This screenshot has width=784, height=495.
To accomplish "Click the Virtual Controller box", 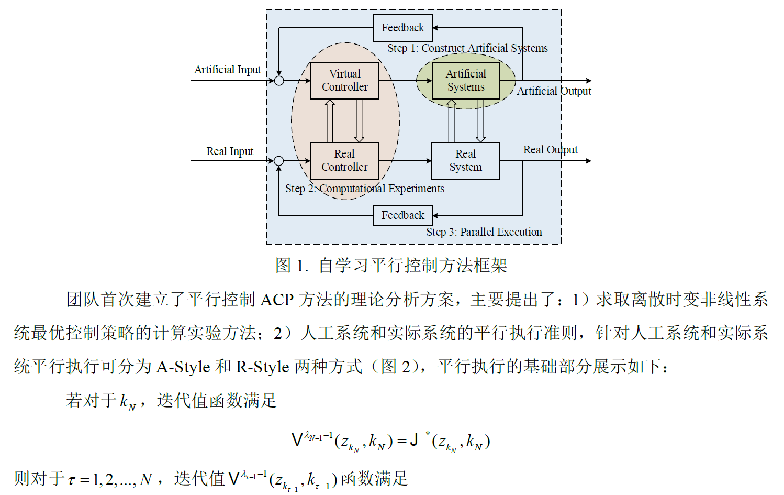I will point(344,81).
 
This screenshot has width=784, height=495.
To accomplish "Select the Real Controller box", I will point(344,161).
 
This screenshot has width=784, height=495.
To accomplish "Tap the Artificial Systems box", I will point(466,81).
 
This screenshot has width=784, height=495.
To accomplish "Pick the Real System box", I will point(465,161).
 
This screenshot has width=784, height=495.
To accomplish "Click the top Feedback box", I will point(402,28).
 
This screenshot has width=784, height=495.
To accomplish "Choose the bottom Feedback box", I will point(402,215).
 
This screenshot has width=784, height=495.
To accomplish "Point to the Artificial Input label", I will point(227,70).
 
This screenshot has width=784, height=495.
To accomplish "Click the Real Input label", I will point(229,151).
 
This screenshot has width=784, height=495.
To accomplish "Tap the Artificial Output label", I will point(554,91).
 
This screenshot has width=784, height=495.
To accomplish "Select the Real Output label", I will point(550,150).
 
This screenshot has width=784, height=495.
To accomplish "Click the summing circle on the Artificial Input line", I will point(279,81).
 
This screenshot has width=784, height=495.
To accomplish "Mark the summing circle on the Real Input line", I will point(279,161).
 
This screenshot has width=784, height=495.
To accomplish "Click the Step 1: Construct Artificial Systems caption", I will point(467,48).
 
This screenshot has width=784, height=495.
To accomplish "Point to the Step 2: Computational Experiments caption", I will point(364,189).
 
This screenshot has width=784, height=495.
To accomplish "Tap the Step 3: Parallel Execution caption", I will point(484,232).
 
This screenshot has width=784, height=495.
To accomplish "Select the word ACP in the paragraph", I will point(277,300).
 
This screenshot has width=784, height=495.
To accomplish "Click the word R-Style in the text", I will point(262,367).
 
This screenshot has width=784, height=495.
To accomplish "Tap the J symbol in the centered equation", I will point(413,440).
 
